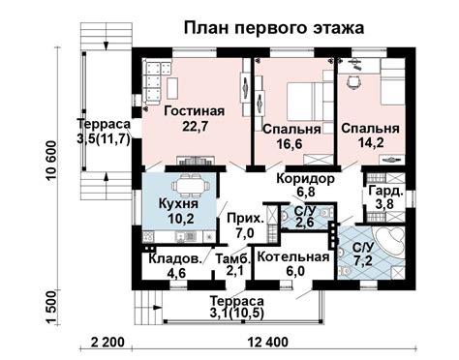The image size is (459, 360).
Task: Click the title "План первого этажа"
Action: tap(274, 27)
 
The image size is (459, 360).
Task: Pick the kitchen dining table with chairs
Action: tap(185, 183)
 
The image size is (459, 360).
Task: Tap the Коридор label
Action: tap(305, 180)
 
